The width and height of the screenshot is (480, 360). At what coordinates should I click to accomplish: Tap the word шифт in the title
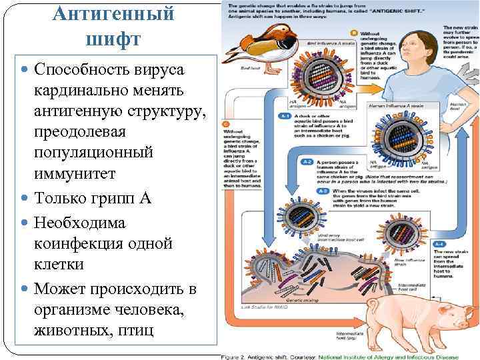coord(113,39)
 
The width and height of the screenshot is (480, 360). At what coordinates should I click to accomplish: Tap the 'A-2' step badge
coord(306,161)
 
